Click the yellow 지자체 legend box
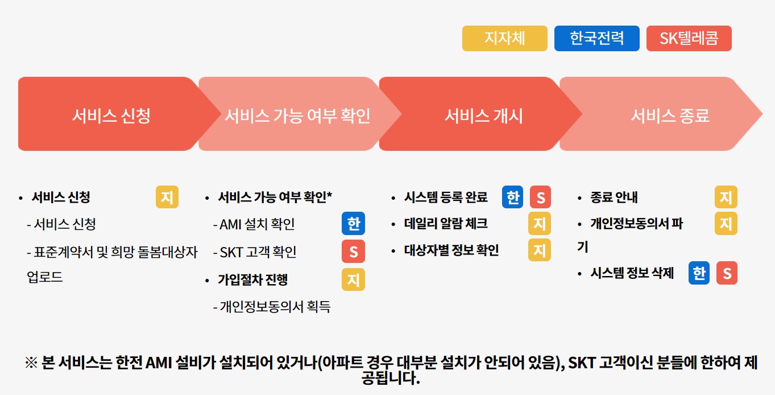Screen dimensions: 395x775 504,38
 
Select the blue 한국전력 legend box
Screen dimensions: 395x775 596,38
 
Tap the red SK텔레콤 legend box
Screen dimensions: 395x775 689,38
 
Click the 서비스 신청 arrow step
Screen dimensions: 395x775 111,116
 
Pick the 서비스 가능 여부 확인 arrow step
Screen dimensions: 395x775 297,116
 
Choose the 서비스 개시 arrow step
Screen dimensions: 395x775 483,116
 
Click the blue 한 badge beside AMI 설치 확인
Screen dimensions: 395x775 353,224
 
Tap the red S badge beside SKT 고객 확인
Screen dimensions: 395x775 353,252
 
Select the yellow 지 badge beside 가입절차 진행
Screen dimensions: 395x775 353,279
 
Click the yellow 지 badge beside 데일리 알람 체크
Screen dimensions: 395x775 539,224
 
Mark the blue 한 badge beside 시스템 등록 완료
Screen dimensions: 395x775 513,197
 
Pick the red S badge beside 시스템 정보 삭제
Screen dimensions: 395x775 727,273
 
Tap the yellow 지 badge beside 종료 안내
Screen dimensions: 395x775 726,197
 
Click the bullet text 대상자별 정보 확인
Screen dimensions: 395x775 451,250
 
